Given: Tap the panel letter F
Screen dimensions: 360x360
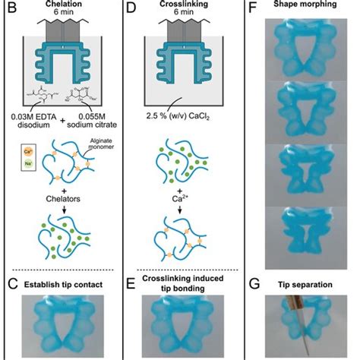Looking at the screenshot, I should (253, 9).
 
